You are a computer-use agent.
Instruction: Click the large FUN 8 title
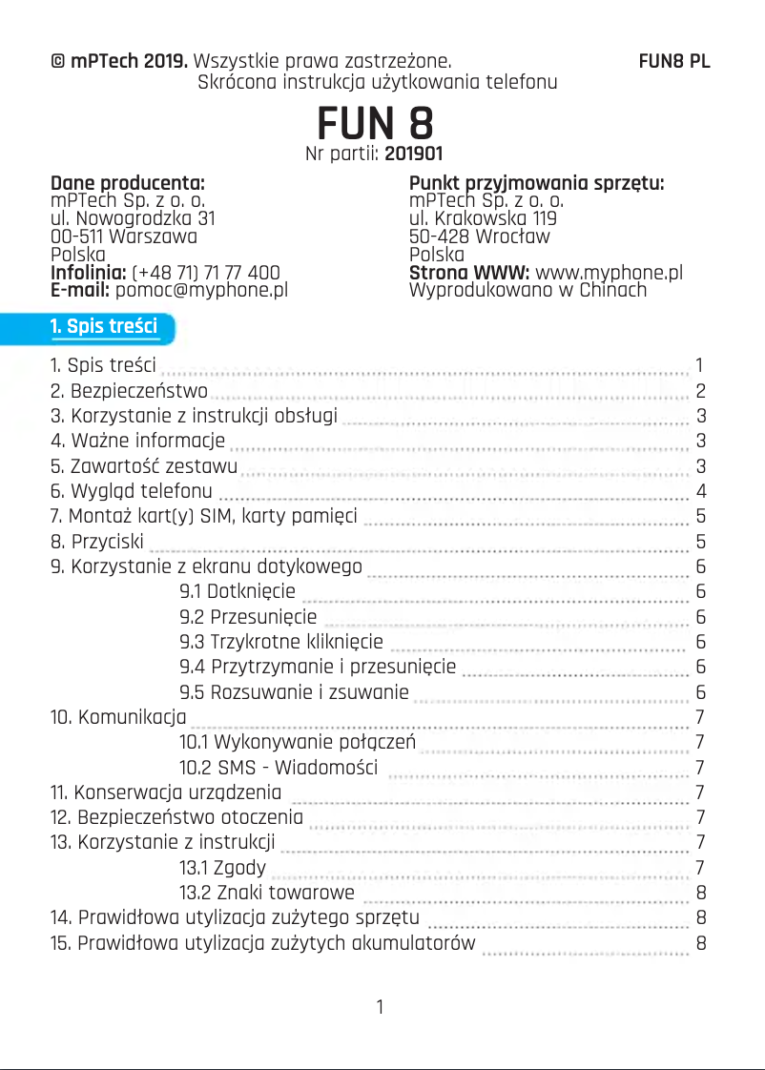tap(376, 123)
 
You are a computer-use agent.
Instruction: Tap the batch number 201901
tap(413, 153)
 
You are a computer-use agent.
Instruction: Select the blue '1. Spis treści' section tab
tap(104, 327)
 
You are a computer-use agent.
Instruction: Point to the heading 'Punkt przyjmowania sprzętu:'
tap(536, 183)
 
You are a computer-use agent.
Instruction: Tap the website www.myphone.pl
tap(610, 273)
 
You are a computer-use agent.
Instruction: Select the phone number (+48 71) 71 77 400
tap(206, 273)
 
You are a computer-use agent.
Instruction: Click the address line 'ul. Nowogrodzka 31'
tap(133, 218)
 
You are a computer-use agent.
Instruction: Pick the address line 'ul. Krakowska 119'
tap(484, 218)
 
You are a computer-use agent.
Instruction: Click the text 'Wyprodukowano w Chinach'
tap(527, 290)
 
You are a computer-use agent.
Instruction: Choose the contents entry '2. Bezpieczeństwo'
tap(129, 391)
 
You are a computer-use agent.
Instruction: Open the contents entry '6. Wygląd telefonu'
tap(132, 492)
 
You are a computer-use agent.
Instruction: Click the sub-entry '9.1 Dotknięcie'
tap(238, 591)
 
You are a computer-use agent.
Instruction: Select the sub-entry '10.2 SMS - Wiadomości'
tap(279, 768)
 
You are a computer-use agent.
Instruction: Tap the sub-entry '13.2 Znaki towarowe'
tap(267, 894)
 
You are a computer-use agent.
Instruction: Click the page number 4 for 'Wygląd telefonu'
tap(701, 492)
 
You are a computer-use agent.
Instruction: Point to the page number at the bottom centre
tap(381, 1007)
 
